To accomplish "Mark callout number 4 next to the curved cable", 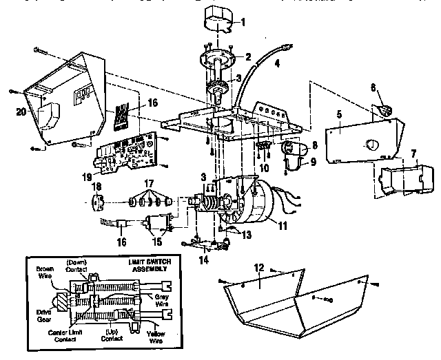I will coord(277,67).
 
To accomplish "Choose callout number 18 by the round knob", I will coord(96,187).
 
